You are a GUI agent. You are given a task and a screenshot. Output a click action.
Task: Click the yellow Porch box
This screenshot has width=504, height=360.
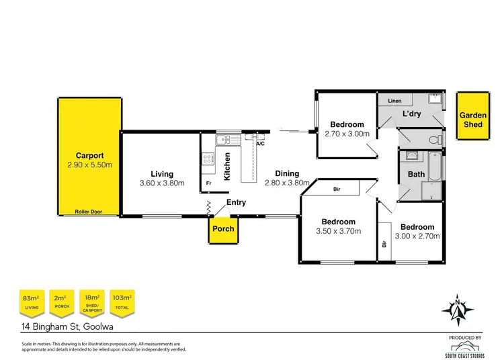point(223,229)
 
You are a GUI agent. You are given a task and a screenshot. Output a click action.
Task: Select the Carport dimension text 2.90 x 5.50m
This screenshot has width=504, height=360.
point(89,165)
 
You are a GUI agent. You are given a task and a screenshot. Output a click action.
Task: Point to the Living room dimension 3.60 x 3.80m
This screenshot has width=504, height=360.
point(161,183)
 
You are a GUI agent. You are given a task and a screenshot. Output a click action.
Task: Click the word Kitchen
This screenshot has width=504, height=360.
point(228,166)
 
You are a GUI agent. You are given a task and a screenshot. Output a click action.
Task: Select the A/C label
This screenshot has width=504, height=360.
point(259,143)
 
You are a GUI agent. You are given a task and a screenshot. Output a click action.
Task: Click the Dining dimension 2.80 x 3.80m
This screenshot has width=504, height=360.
point(287,183)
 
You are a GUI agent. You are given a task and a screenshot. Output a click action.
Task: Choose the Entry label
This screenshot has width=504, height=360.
point(236,202)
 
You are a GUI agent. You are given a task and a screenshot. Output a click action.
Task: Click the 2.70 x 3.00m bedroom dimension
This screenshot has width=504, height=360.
point(347,134)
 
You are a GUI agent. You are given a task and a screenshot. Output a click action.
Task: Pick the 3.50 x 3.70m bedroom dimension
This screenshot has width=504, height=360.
point(338,232)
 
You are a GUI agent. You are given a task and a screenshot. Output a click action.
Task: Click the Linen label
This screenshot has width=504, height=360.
point(394,101)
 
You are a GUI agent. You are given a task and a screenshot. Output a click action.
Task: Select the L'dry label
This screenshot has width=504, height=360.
point(411,114)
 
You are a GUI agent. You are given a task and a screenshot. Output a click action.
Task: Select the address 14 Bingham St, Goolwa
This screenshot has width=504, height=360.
point(65,328)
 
